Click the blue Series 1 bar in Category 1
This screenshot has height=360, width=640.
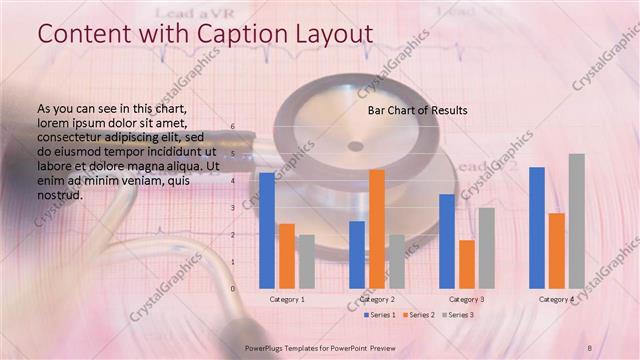(x=267, y=231)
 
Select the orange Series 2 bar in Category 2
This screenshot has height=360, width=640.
(x=377, y=229)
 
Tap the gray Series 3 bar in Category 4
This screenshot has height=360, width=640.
(x=577, y=221)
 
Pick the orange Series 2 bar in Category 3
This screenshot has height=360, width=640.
(x=467, y=264)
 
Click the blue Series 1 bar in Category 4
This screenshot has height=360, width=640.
(x=537, y=228)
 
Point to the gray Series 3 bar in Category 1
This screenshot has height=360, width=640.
(x=307, y=262)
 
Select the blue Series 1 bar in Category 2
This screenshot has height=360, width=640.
(x=357, y=255)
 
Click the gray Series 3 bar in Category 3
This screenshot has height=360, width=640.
(x=487, y=248)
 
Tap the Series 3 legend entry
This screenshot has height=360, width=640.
(x=457, y=315)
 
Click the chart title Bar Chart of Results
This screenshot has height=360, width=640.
(x=418, y=109)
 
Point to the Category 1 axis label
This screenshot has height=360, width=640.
(x=288, y=299)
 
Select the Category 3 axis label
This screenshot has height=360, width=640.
(x=467, y=299)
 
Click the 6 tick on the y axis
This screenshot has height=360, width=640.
(x=232, y=127)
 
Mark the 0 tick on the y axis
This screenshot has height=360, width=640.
(x=232, y=289)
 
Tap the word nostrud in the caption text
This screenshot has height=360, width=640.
(x=59, y=195)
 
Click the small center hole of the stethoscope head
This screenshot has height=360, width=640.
(x=355, y=146)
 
